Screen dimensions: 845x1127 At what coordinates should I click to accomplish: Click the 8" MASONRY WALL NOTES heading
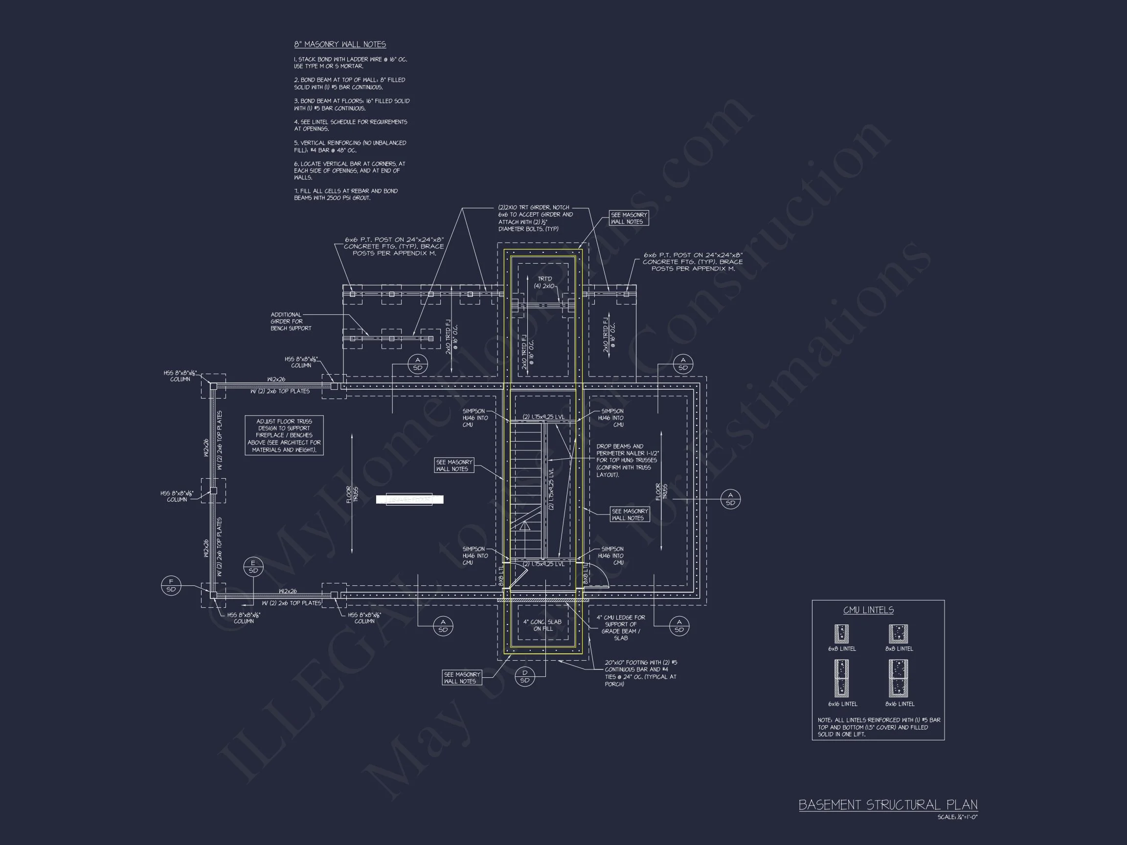point(340,44)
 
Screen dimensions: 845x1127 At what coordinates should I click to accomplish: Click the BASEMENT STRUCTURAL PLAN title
point(887,805)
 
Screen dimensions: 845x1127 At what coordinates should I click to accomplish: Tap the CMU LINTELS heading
point(868,610)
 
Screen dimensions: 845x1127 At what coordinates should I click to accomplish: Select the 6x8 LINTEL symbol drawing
point(841,634)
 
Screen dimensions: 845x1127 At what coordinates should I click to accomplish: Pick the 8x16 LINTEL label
point(900,704)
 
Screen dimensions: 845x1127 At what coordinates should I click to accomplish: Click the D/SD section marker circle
point(525,676)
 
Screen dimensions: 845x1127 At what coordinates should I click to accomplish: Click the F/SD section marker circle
point(171,585)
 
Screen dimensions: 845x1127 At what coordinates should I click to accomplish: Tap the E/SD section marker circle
point(253,567)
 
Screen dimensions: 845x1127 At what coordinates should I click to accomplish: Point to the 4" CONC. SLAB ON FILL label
point(542,625)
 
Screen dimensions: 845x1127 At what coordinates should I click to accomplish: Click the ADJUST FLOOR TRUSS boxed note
point(284,436)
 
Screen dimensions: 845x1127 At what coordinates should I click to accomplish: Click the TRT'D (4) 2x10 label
point(544,283)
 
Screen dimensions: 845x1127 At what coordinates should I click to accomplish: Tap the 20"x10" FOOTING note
point(640,673)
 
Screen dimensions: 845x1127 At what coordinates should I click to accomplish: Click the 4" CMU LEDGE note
point(621,627)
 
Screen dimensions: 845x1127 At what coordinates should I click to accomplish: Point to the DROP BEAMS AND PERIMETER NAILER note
point(627,460)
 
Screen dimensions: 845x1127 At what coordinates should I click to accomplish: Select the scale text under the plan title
point(957,818)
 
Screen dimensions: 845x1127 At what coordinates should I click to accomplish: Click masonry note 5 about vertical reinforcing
point(350,147)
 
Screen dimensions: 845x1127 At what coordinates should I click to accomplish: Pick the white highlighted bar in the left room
point(409,500)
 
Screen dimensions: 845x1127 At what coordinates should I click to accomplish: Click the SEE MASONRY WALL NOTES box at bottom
point(462,677)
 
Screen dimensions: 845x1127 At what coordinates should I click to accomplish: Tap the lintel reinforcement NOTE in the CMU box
point(879,727)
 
